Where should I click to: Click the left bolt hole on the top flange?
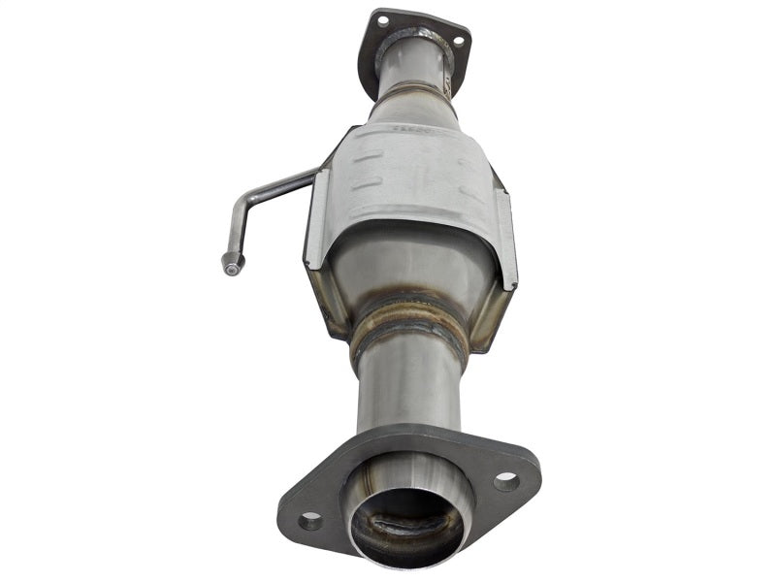click(382, 20)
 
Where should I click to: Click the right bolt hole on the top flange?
click(458, 42)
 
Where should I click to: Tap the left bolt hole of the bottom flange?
click(310, 521)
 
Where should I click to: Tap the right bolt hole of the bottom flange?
click(505, 480)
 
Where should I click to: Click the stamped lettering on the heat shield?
click(404, 127)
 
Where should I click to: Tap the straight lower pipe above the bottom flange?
click(407, 388)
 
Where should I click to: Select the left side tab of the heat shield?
click(317, 228)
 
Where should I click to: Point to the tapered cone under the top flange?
click(412, 102)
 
